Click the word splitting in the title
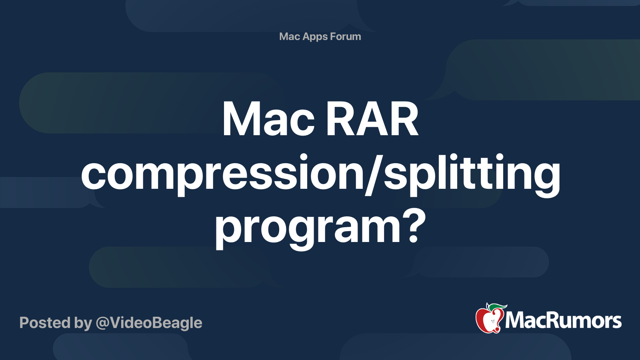(x=472, y=174)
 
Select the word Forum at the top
(x=346, y=36)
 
